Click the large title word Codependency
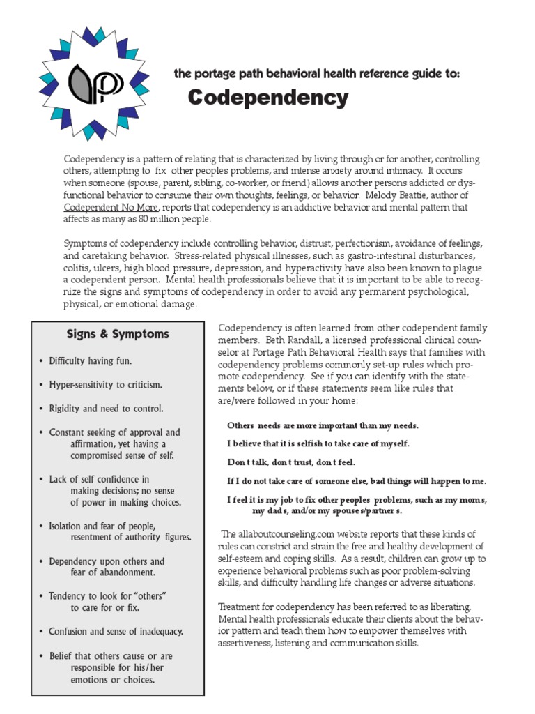[268, 98]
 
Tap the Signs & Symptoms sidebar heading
[118, 334]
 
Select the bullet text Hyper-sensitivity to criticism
[105, 385]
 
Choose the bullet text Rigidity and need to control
[106, 409]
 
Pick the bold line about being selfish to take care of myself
[318, 443]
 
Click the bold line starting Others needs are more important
[323, 425]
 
